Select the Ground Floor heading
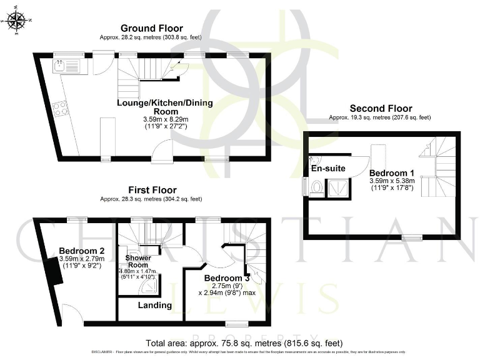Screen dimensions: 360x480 [152, 28]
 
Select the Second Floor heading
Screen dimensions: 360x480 [381, 108]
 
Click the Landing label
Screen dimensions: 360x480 [155, 305]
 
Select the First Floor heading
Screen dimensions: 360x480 [152, 190]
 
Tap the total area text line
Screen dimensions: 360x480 [243, 343]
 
